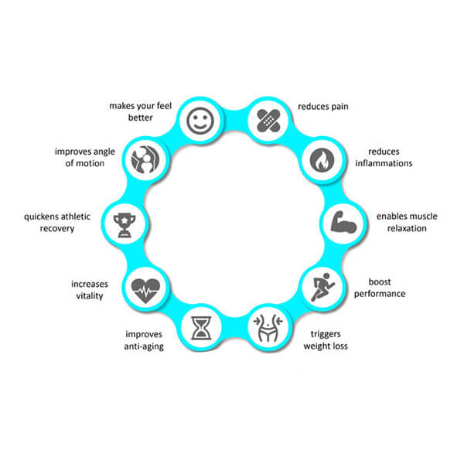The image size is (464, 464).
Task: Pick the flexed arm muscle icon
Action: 339,222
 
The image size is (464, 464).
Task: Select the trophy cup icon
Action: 125,224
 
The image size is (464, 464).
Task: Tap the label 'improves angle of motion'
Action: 85,157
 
